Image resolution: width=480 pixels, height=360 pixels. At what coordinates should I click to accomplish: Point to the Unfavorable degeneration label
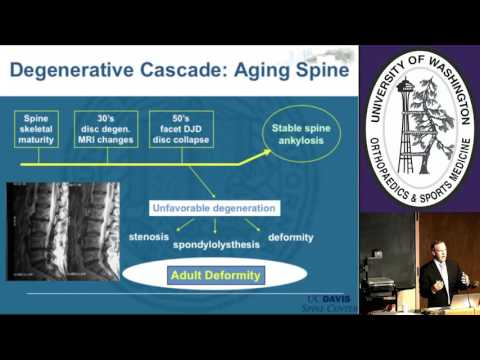point(213,208)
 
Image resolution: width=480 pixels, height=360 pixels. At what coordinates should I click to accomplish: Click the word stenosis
point(152,237)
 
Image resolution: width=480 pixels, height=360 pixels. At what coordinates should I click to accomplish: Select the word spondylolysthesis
point(215,244)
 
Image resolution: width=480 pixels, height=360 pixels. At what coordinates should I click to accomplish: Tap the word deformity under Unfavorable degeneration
point(291,237)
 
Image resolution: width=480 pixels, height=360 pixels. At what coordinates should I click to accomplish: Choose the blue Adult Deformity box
point(214,274)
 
